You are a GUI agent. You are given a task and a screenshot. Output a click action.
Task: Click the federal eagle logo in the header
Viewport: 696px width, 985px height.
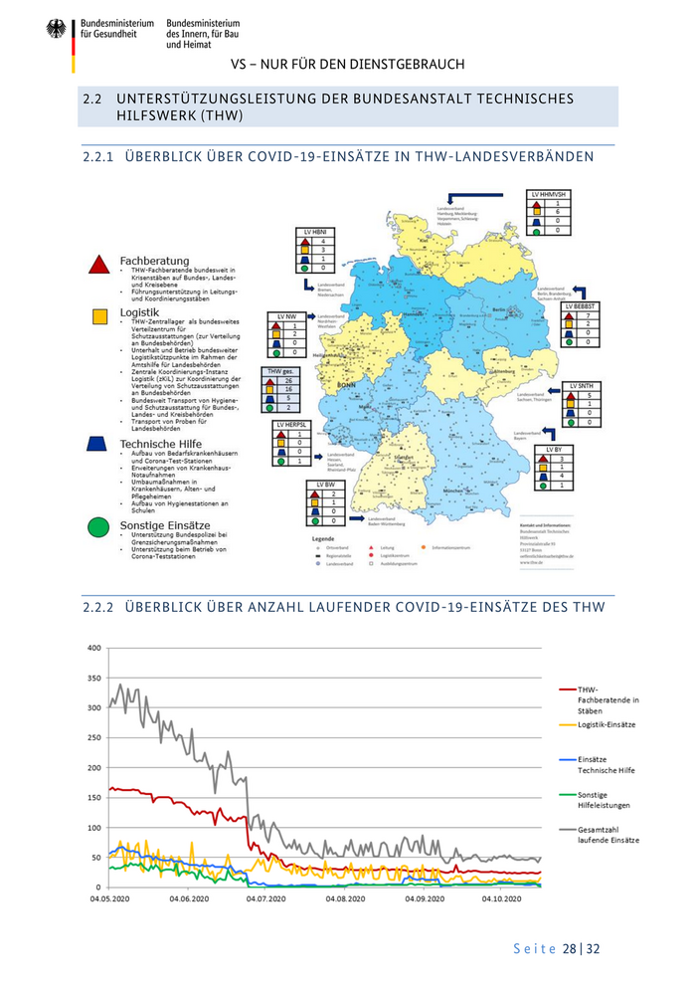(x=56, y=30)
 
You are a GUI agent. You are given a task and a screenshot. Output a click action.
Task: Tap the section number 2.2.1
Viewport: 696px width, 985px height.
(x=98, y=157)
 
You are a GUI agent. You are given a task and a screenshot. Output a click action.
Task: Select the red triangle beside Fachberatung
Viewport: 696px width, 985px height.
(x=98, y=265)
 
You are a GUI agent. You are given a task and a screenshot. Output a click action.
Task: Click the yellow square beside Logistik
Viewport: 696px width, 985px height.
(x=99, y=315)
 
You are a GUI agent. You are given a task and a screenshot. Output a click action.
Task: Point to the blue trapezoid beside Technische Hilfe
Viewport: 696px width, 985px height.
(x=98, y=443)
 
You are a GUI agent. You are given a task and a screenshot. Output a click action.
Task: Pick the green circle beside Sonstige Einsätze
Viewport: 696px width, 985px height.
(x=98, y=527)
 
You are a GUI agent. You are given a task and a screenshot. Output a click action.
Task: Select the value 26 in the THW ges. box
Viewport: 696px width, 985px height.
(x=287, y=381)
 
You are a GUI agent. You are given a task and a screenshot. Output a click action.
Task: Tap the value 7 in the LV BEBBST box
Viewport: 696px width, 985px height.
(x=588, y=315)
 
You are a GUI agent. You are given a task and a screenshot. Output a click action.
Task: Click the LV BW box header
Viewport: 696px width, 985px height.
(x=325, y=485)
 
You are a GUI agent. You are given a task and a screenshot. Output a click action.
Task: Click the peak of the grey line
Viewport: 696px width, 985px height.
(x=120, y=685)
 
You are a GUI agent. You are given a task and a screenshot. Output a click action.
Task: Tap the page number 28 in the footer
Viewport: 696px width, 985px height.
(x=571, y=948)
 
